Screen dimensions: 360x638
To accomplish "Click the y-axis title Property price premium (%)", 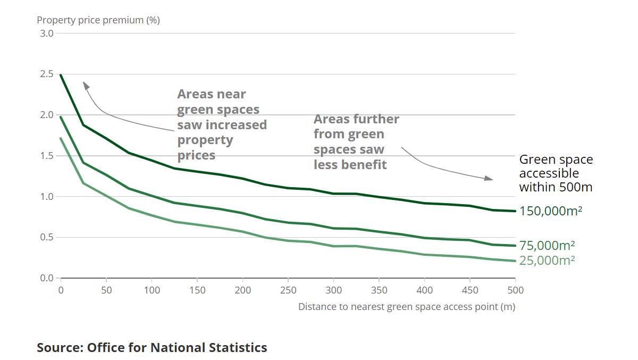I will coord(98,20).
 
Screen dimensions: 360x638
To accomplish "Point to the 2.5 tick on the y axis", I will coord(46,74).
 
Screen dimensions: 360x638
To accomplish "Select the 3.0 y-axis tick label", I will coord(46,34).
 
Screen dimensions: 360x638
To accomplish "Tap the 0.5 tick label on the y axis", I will coord(46,237).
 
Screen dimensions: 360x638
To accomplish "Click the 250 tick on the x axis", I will coord(288,290).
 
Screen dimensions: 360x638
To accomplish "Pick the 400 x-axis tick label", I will coord(424,290).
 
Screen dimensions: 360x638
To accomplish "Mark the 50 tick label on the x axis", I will coord(106,290).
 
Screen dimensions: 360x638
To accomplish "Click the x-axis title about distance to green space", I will coord(406,307).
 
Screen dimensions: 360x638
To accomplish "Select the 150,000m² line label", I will coord(550,211).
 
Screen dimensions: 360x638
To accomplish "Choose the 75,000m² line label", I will coord(547,245).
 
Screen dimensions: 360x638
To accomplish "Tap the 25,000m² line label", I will coord(547,260).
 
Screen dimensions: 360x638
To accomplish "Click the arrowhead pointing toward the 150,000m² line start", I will coord(84,84).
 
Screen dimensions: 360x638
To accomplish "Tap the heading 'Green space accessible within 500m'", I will coord(556,173).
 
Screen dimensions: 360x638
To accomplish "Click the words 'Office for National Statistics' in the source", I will coord(177,348).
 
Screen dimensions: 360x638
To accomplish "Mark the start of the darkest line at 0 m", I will coord(61,76).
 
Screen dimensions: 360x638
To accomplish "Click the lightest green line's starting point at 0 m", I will coord(61,139).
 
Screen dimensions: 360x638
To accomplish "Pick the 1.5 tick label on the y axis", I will coord(46,156).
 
